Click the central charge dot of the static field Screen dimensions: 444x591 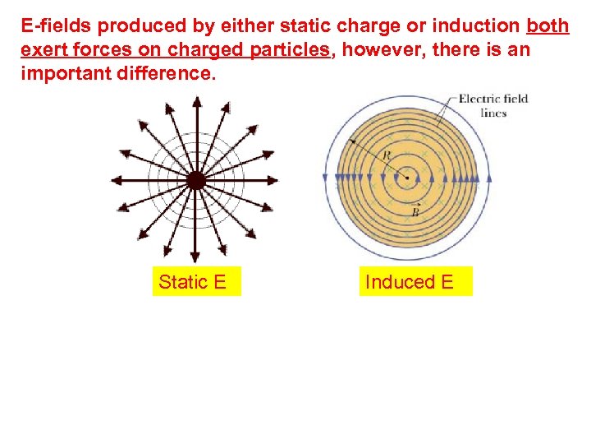coord(195,180)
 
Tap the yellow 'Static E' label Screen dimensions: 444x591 coord(193,282)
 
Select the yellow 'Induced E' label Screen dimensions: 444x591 coord(409,282)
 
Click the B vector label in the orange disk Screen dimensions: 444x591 coord(415,211)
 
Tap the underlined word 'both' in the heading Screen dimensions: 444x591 coord(547,26)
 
